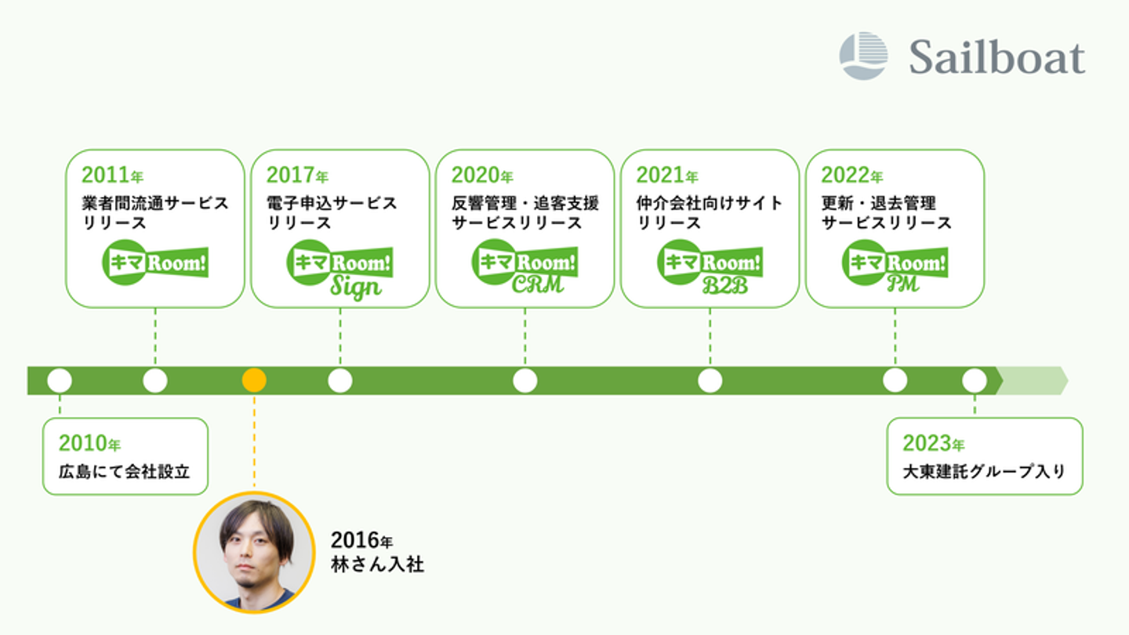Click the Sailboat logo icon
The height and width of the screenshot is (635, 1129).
point(863,56)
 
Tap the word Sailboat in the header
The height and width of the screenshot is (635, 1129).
point(997,57)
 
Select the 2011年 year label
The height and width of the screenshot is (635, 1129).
point(113,175)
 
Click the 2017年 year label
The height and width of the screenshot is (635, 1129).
point(297,175)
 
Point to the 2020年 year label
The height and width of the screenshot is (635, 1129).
point(482,175)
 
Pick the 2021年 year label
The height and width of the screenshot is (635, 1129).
point(667,175)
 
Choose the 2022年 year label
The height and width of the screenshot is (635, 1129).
point(852,175)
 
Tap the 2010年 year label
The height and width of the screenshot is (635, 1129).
point(90,444)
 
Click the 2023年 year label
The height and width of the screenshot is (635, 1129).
point(934,444)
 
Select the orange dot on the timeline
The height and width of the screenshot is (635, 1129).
point(254,380)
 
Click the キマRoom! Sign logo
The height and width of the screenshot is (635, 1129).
point(339,270)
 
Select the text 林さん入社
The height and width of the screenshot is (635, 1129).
point(377,564)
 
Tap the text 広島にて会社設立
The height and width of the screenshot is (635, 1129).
point(124,472)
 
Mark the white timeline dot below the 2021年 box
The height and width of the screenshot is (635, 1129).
point(710,380)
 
